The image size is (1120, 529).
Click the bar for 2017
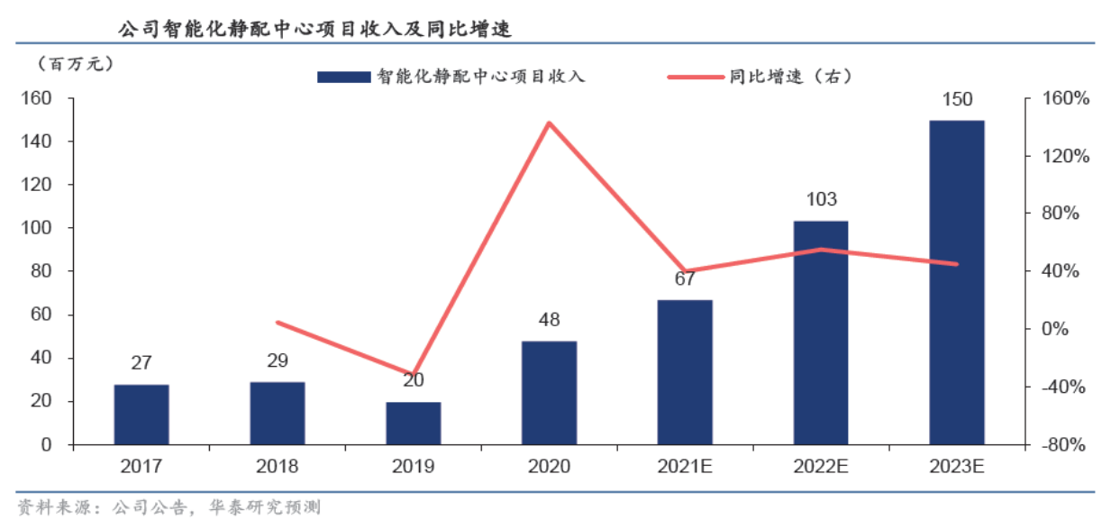[141, 415]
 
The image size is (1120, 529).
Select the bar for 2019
[414, 423]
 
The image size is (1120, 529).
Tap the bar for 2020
[549, 393]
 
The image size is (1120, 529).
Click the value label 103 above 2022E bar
[821, 199]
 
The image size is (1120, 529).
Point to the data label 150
[957, 99]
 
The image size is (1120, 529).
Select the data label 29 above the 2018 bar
[278, 360]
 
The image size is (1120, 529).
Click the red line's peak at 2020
[550, 123]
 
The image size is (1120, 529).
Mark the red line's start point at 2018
[278, 322]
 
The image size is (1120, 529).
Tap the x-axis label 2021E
[685, 467]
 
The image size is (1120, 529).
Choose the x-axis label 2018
[278, 467]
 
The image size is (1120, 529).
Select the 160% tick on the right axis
[1066, 99]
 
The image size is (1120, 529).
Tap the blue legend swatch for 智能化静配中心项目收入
[343, 78]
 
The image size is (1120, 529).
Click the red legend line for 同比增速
[696, 78]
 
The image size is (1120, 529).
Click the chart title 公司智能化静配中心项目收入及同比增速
[315, 29]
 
